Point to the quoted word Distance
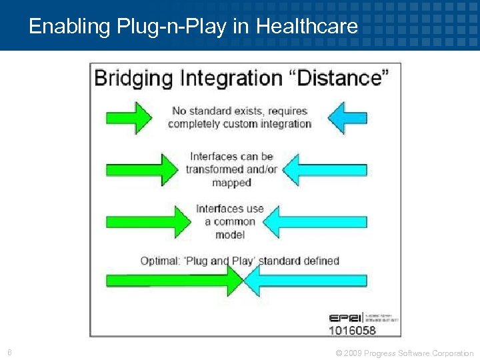tap(341, 78)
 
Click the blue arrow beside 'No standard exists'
tap(348, 117)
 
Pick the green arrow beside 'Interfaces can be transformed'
tap(142, 169)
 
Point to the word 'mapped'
tap(231, 183)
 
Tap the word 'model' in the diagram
tap(230, 235)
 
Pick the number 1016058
tap(353, 330)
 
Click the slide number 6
tap(9, 353)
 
